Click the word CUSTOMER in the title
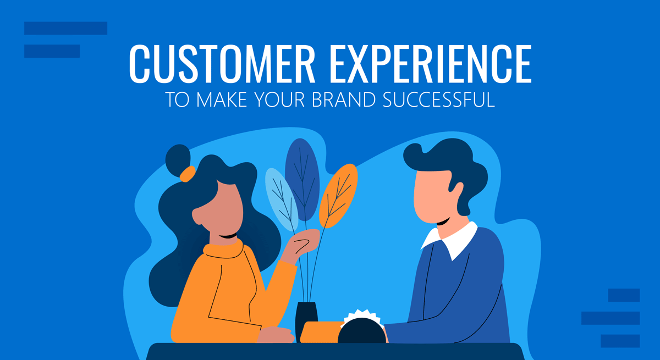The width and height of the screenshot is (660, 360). pyautogui.click(x=222, y=64)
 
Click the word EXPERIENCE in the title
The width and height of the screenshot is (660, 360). pyautogui.click(x=431, y=64)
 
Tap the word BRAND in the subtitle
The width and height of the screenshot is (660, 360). pyautogui.click(x=344, y=100)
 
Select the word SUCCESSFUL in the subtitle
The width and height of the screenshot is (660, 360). pyautogui.click(x=438, y=100)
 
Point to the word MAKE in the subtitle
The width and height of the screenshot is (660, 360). pyautogui.click(x=222, y=100)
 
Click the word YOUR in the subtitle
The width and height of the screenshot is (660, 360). pyautogui.click(x=279, y=100)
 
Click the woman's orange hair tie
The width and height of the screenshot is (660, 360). pyautogui.click(x=188, y=174)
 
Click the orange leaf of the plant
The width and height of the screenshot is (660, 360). pyautogui.click(x=338, y=196)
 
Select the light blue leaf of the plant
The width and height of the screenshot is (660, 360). pyautogui.click(x=282, y=200)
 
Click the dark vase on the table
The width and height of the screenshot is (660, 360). pyautogui.click(x=306, y=322)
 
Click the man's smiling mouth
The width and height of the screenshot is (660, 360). pyautogui.click(x=443, y=221)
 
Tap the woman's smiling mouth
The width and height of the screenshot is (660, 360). pyautogui.click(x=228, y=236)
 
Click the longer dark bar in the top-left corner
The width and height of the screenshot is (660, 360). pyautogui.click(x=65, y=28)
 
